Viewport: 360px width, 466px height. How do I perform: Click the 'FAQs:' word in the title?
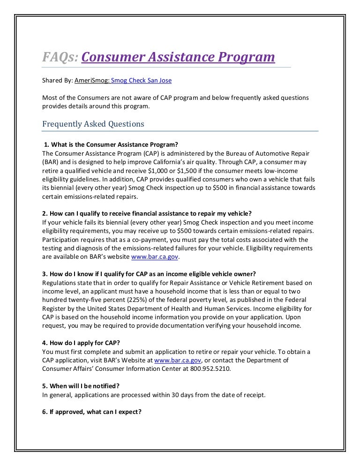pos(60,57)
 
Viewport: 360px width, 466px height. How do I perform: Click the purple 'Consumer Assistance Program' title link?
pos(178,57)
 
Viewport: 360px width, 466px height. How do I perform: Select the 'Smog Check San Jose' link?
pos(141,81)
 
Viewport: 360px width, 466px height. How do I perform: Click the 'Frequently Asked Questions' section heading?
pos(93,124)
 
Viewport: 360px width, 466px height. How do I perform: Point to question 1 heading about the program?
pos(111,144)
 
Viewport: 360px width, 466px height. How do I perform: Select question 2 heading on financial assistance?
pos(146,213)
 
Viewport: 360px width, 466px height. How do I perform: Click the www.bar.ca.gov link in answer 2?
pos(155,257)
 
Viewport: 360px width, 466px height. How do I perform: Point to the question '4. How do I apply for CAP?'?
pos(81,343)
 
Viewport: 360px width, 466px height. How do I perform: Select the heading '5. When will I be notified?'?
pos(81,386)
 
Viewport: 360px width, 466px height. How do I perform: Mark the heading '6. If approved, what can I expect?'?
pos(92,412)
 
